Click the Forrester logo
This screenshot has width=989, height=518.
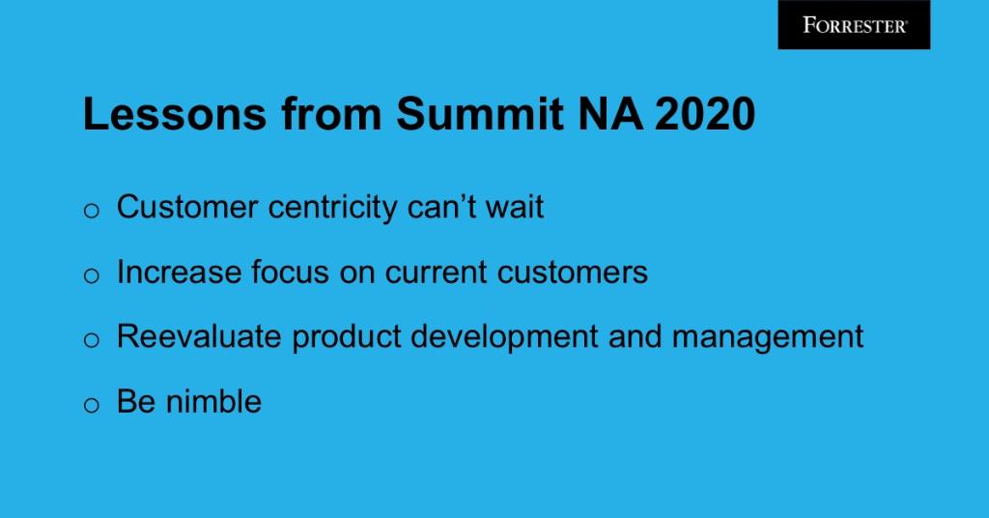[854, 25]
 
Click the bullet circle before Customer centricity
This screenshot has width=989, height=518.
[92, 212]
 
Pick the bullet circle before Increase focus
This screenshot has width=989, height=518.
[92, 276]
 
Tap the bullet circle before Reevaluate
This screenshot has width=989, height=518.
[92, 341]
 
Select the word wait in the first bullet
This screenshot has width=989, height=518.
[513, 208]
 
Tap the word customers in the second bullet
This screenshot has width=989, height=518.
[573, 273]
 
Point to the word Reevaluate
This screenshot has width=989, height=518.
[200, 337]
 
